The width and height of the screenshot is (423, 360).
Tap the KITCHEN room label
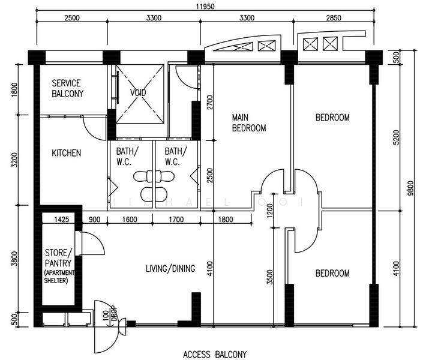pos(66,154)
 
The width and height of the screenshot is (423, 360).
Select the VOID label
pos(139,94)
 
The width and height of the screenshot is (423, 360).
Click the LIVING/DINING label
pos(170,269)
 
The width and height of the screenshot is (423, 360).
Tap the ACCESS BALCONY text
pos(215,354)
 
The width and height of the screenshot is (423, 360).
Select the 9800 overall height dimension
pos(410,189)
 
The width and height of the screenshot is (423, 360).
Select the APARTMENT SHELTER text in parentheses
pos(59,277)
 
